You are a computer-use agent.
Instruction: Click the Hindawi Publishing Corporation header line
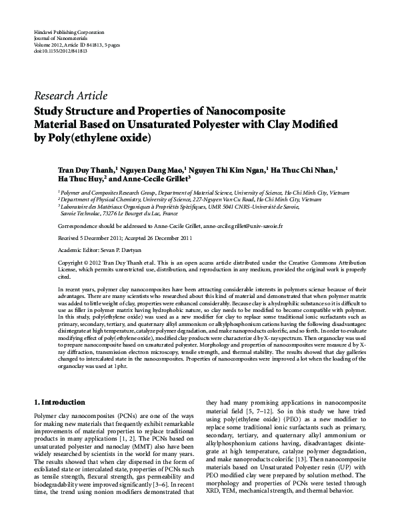click(68, 32)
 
